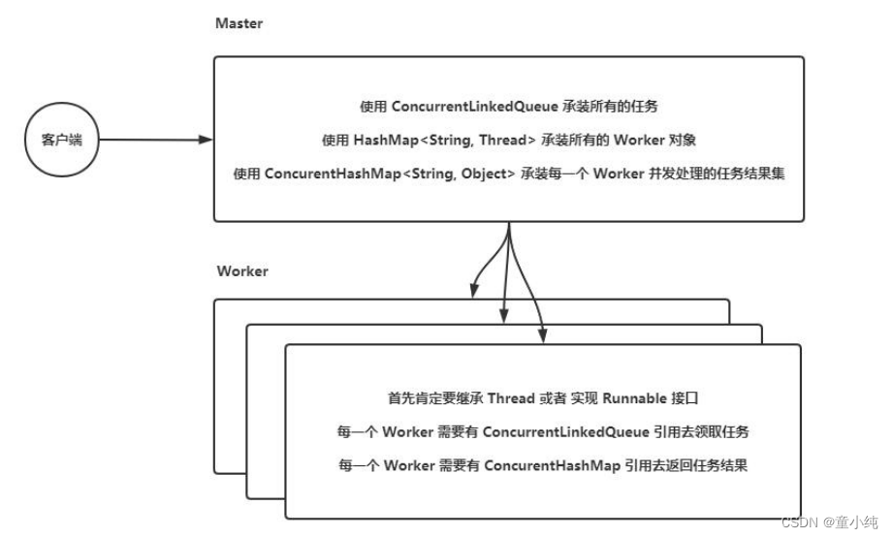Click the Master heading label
[239, 22]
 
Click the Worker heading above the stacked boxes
[242, 271]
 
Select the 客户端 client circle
[62, 140]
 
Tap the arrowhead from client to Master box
[205, 140]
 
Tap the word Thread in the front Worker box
[511, 398]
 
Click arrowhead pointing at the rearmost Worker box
[472, 289]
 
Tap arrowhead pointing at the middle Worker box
[503, 315]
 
